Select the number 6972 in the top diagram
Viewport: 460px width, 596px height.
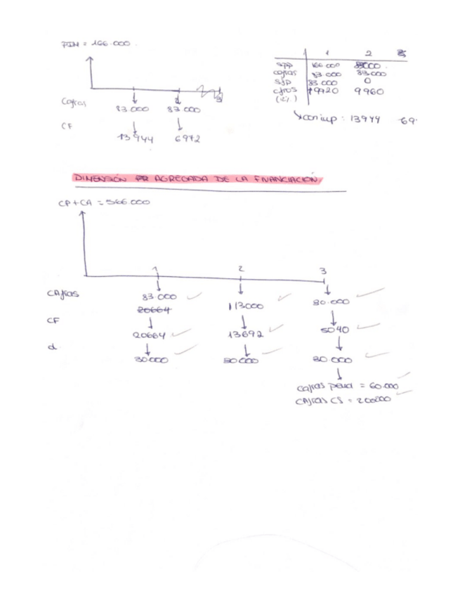(x=186, y=138)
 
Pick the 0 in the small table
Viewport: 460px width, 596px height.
(x=367, y=82)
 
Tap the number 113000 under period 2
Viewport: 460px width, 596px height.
(x=245, y=306)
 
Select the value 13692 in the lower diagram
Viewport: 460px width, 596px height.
(x=245, y=335)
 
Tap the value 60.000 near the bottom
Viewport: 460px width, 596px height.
(x=383, y=387)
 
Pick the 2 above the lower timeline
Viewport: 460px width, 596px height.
(x=240, y=269)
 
